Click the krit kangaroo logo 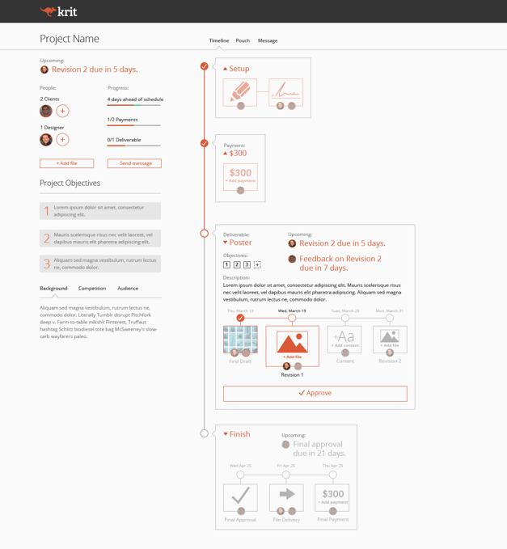[x=58, y=11]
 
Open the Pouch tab [x=243, y=40]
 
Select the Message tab [x=268, y=40]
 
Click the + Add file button [x=66, y=163]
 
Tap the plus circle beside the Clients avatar [x=62, y=111]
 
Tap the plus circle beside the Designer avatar [x=62, y=140]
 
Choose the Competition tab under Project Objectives [x=92, y=289]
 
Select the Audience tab [x=128, y=289]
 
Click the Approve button [x=315, y=393]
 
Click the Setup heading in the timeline [x=239, y=69]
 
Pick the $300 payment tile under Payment [x=240, y=176]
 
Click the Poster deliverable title [x=240, y=243]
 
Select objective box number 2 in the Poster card [x=237, y=264]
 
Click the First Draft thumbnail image [x=240, y=340]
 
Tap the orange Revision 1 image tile [x=292, y=343]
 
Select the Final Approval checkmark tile [x=240, y=496]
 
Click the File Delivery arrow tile [x=286, y=496]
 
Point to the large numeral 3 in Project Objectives [x=47, y=264]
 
